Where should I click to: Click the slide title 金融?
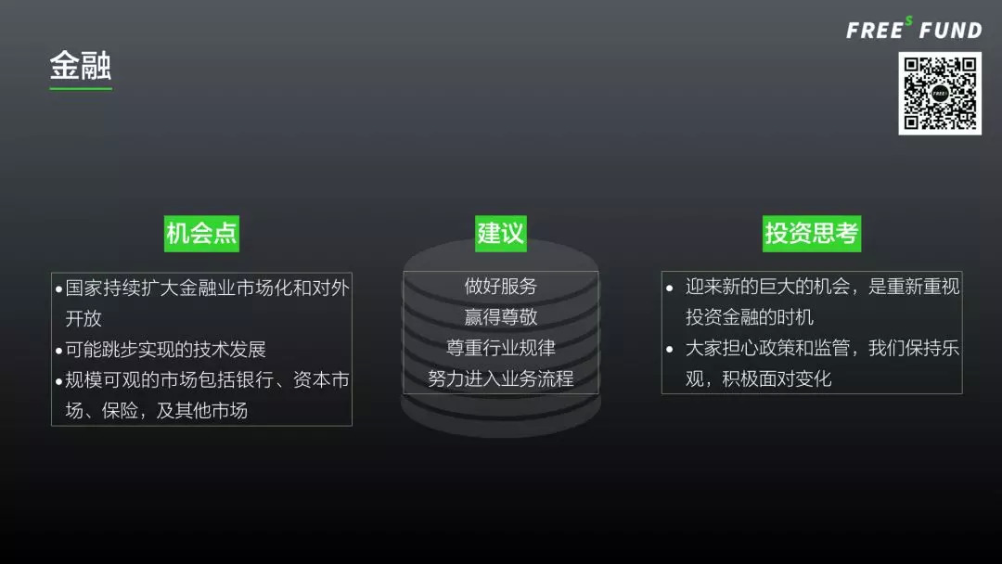pyautogui.click(x=81, y=66)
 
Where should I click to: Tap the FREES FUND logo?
pyautogui.click(x=914, y=30)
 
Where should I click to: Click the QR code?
pyautogui.click(x=940, y=93)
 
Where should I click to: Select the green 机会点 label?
pyautogui.click(x=201, y=233)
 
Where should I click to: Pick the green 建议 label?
pyautogui.click(x=501, y=233)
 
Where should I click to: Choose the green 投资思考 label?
pyautogui.click(x=812, y=233)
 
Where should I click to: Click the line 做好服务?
pyautogui.click(x=501, y=286)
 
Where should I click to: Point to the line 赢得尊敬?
pyautogui.click(x=501, y=316)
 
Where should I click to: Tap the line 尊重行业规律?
pyautogui.click(x=501, y=348)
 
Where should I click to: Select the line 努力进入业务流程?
pyautogui.click(x=501, y=378)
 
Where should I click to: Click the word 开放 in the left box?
pyautogui.click(x=83, y=318)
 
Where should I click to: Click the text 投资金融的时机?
pyautogui.click(x=750, y=317)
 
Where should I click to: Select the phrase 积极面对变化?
pyautogui.click(x=777, y=378)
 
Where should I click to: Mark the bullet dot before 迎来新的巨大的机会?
pyautogui.click(x=670, y=288)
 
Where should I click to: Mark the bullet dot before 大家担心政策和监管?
pyautogui.click(x=670, y=350)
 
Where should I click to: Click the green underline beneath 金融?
pyautogui.click(x=81, y=89)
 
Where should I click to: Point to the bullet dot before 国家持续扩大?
pyautogui.click(x=58, y=288)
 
